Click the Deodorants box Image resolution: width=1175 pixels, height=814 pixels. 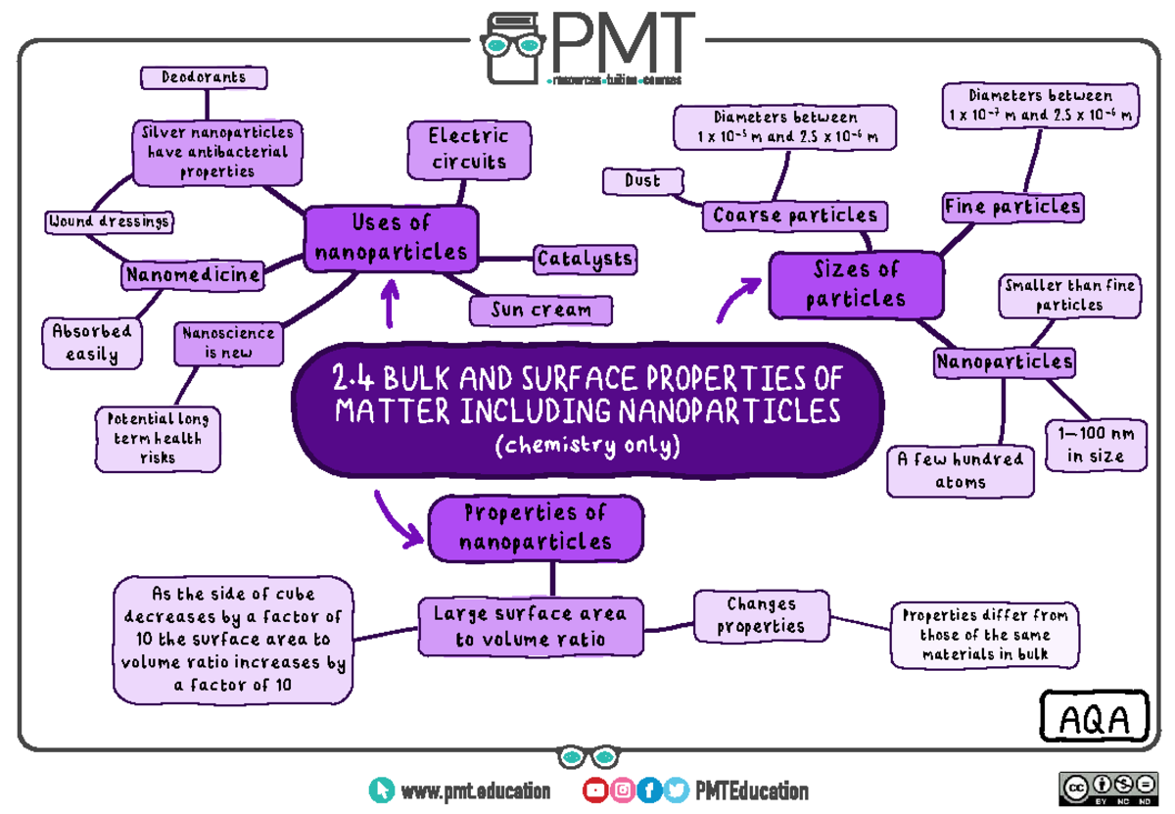[x=204, y=77]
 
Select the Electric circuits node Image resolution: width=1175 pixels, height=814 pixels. [x=469, y=150]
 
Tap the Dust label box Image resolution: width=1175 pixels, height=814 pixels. [x=643, y=181]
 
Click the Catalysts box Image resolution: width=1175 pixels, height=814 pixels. [x=585, y=260]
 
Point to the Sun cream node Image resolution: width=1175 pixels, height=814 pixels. [x=540, y=311]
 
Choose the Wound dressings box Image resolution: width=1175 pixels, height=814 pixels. [x=109, y=221]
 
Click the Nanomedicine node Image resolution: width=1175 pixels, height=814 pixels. [x=193, y=275]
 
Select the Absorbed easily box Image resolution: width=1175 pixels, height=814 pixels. [x=92, y=343]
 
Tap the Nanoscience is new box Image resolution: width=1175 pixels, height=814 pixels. [x=229, y=343]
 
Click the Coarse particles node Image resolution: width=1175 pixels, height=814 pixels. [x=795, y=215]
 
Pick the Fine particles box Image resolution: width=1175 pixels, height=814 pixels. [x=1012, y=208]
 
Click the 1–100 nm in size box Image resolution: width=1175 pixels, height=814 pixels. [x=1096, y=445]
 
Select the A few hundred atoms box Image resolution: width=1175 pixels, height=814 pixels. [x=961, y=471]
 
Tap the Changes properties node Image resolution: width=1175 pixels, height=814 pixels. [x=761, y=615]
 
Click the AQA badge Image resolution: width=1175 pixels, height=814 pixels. [x=1095, y=716]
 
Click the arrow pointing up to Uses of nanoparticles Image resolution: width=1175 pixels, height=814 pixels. [x=390, y=304]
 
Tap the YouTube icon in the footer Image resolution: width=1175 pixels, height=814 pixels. [x=595, y=790]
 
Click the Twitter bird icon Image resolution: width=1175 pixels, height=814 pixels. [x=677, y=790]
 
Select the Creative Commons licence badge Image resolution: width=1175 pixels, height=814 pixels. [x=1108, y=789]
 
